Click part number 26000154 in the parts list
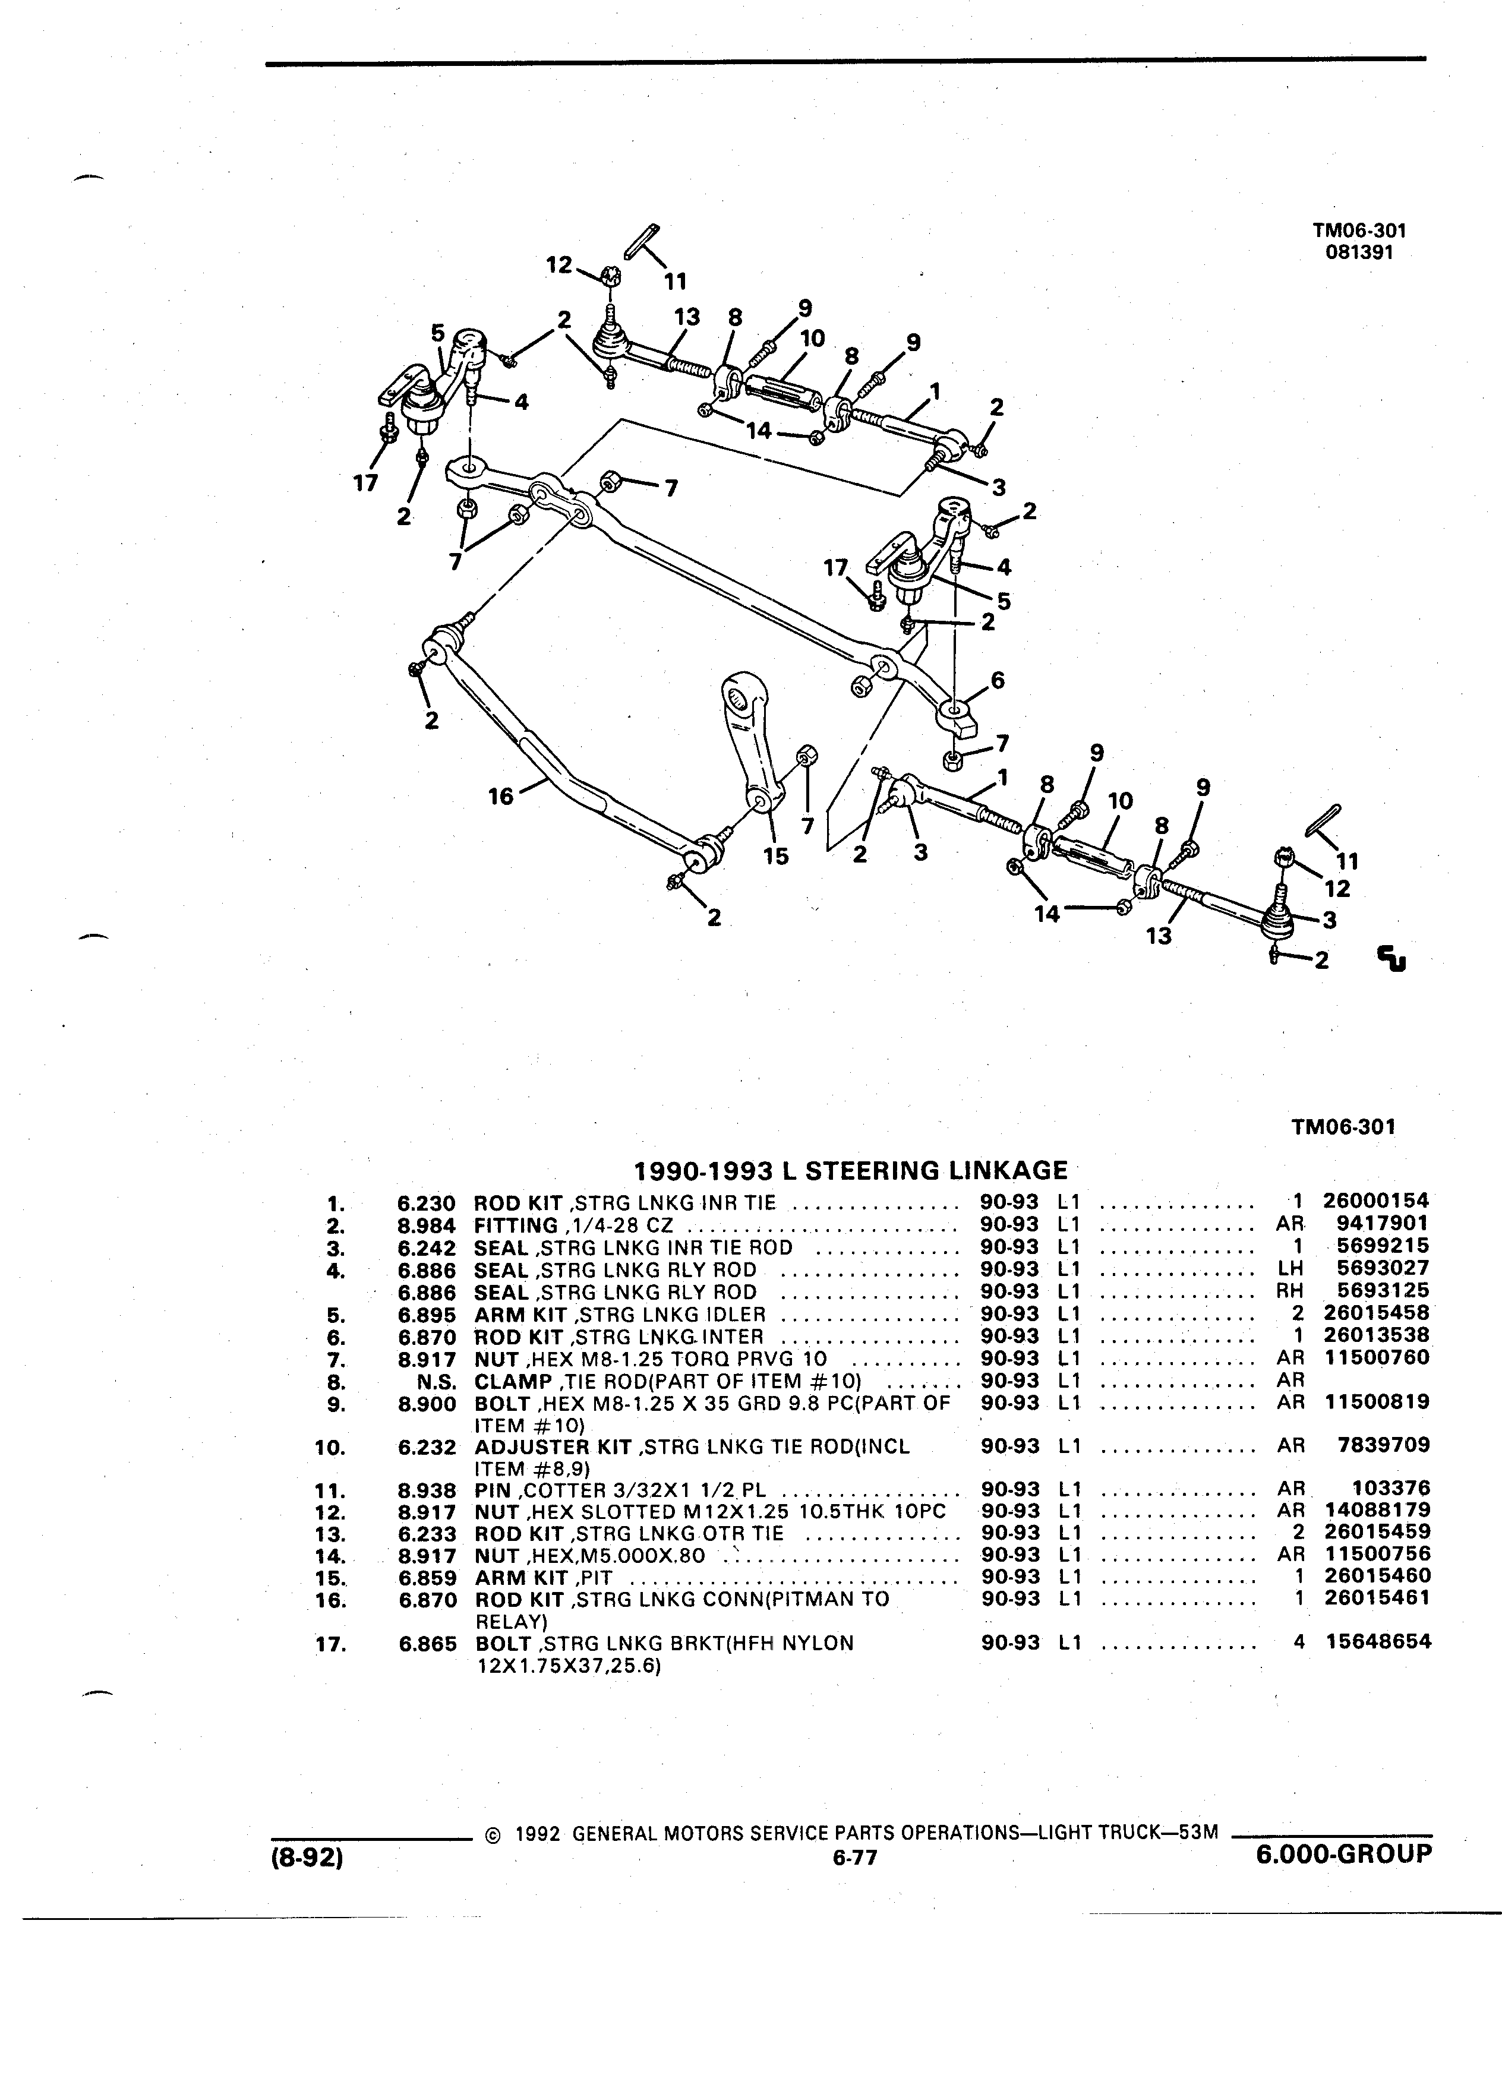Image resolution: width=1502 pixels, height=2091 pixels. pos(1375,1201)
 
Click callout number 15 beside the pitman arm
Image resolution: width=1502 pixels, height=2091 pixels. pos(777,857)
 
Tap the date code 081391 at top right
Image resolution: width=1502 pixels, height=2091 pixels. pos(1359,252)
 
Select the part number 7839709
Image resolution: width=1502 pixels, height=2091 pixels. pos(1384,1446)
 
